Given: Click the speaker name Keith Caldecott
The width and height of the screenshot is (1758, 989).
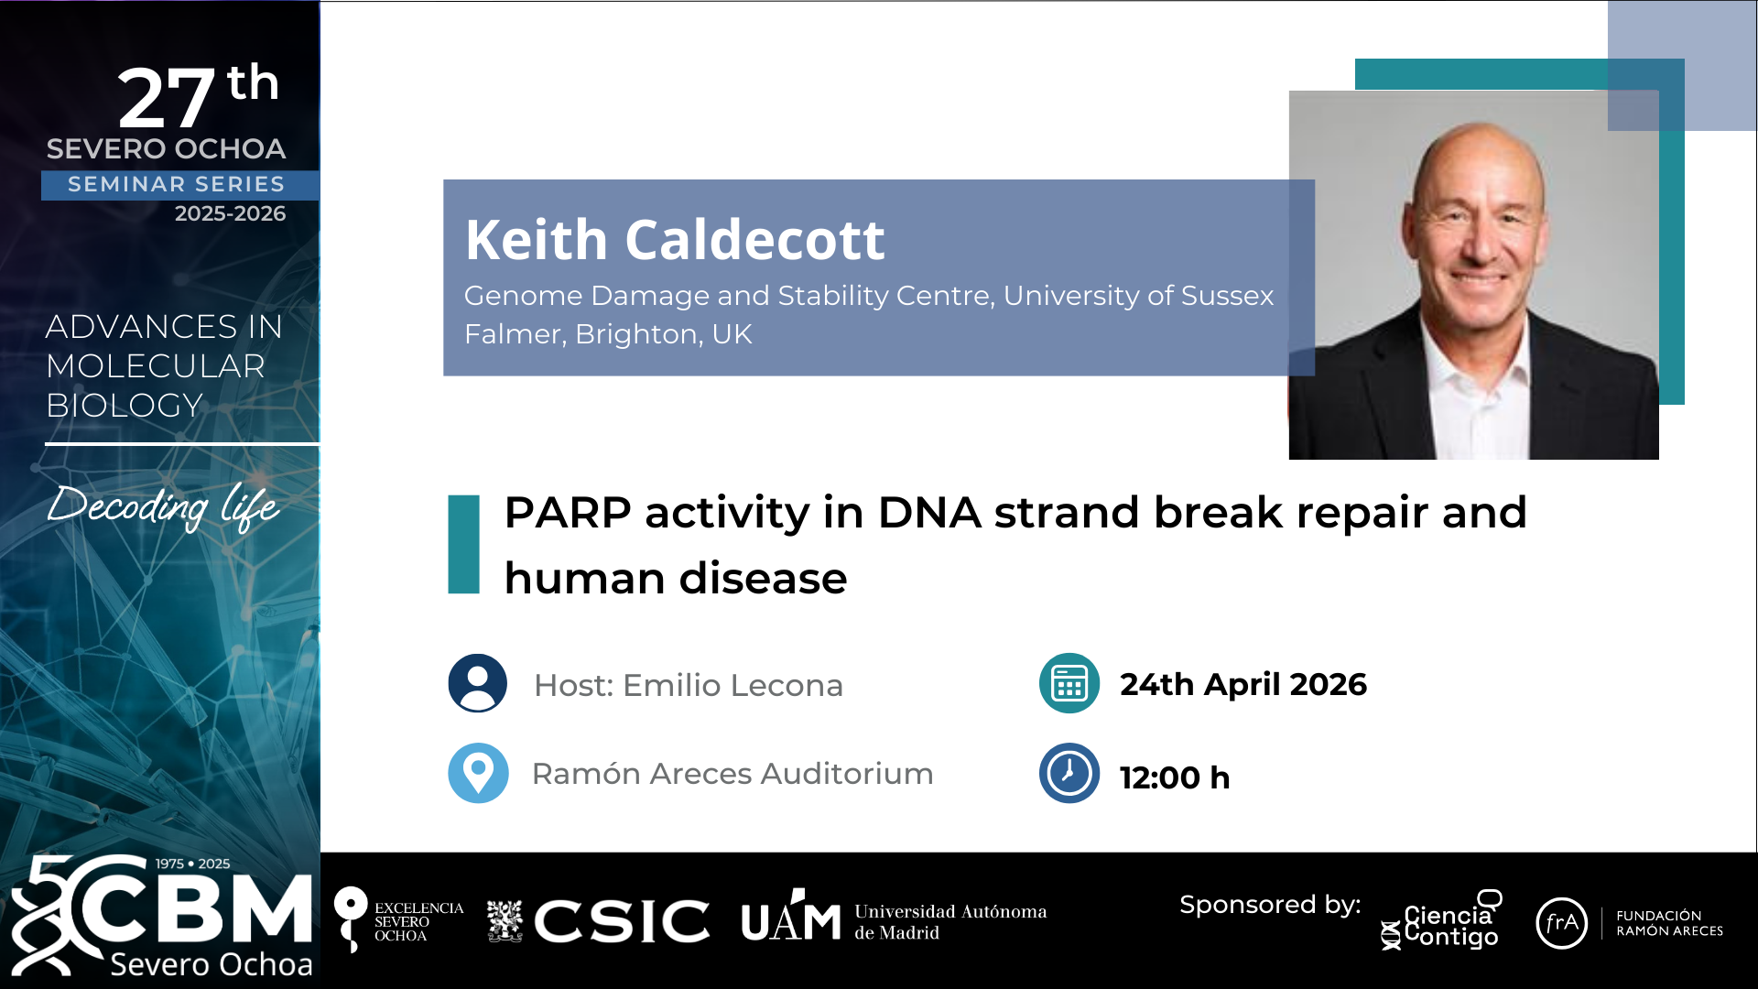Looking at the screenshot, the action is (675, 240).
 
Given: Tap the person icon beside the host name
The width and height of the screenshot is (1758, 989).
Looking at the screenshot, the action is (477, 683).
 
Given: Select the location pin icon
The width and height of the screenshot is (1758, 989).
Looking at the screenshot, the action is (477, 773).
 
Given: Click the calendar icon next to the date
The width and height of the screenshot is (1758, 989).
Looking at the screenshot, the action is (1069, 683).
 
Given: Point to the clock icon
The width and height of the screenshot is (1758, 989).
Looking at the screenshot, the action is (1069, 773).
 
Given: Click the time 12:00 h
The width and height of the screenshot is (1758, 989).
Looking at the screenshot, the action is (1175, 777).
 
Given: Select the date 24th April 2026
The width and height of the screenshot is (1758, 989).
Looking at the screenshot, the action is (1243, 684).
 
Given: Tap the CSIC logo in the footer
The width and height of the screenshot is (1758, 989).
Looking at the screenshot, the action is (598, 920).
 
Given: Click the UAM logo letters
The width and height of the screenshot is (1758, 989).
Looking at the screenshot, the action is (791, 916).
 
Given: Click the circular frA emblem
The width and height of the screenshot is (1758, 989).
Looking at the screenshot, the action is (1561, 923).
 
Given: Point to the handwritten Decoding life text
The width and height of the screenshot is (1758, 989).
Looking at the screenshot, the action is (163, 505).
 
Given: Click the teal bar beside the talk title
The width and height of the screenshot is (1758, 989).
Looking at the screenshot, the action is (463, 544).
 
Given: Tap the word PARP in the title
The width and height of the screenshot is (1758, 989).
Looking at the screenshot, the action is (568, 512).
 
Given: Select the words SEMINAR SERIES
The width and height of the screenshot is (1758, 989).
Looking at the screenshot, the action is (177, 184).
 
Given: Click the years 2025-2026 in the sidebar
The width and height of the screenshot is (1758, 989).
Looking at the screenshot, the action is (230, 213).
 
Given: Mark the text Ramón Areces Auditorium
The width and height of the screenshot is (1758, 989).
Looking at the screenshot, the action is (732, 774).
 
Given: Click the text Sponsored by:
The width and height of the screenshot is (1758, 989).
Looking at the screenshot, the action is (1270, 905).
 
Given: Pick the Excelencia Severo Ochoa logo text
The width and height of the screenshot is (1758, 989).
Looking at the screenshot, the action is (419, 921).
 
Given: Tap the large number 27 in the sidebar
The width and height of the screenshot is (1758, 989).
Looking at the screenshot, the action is (166, 98).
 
